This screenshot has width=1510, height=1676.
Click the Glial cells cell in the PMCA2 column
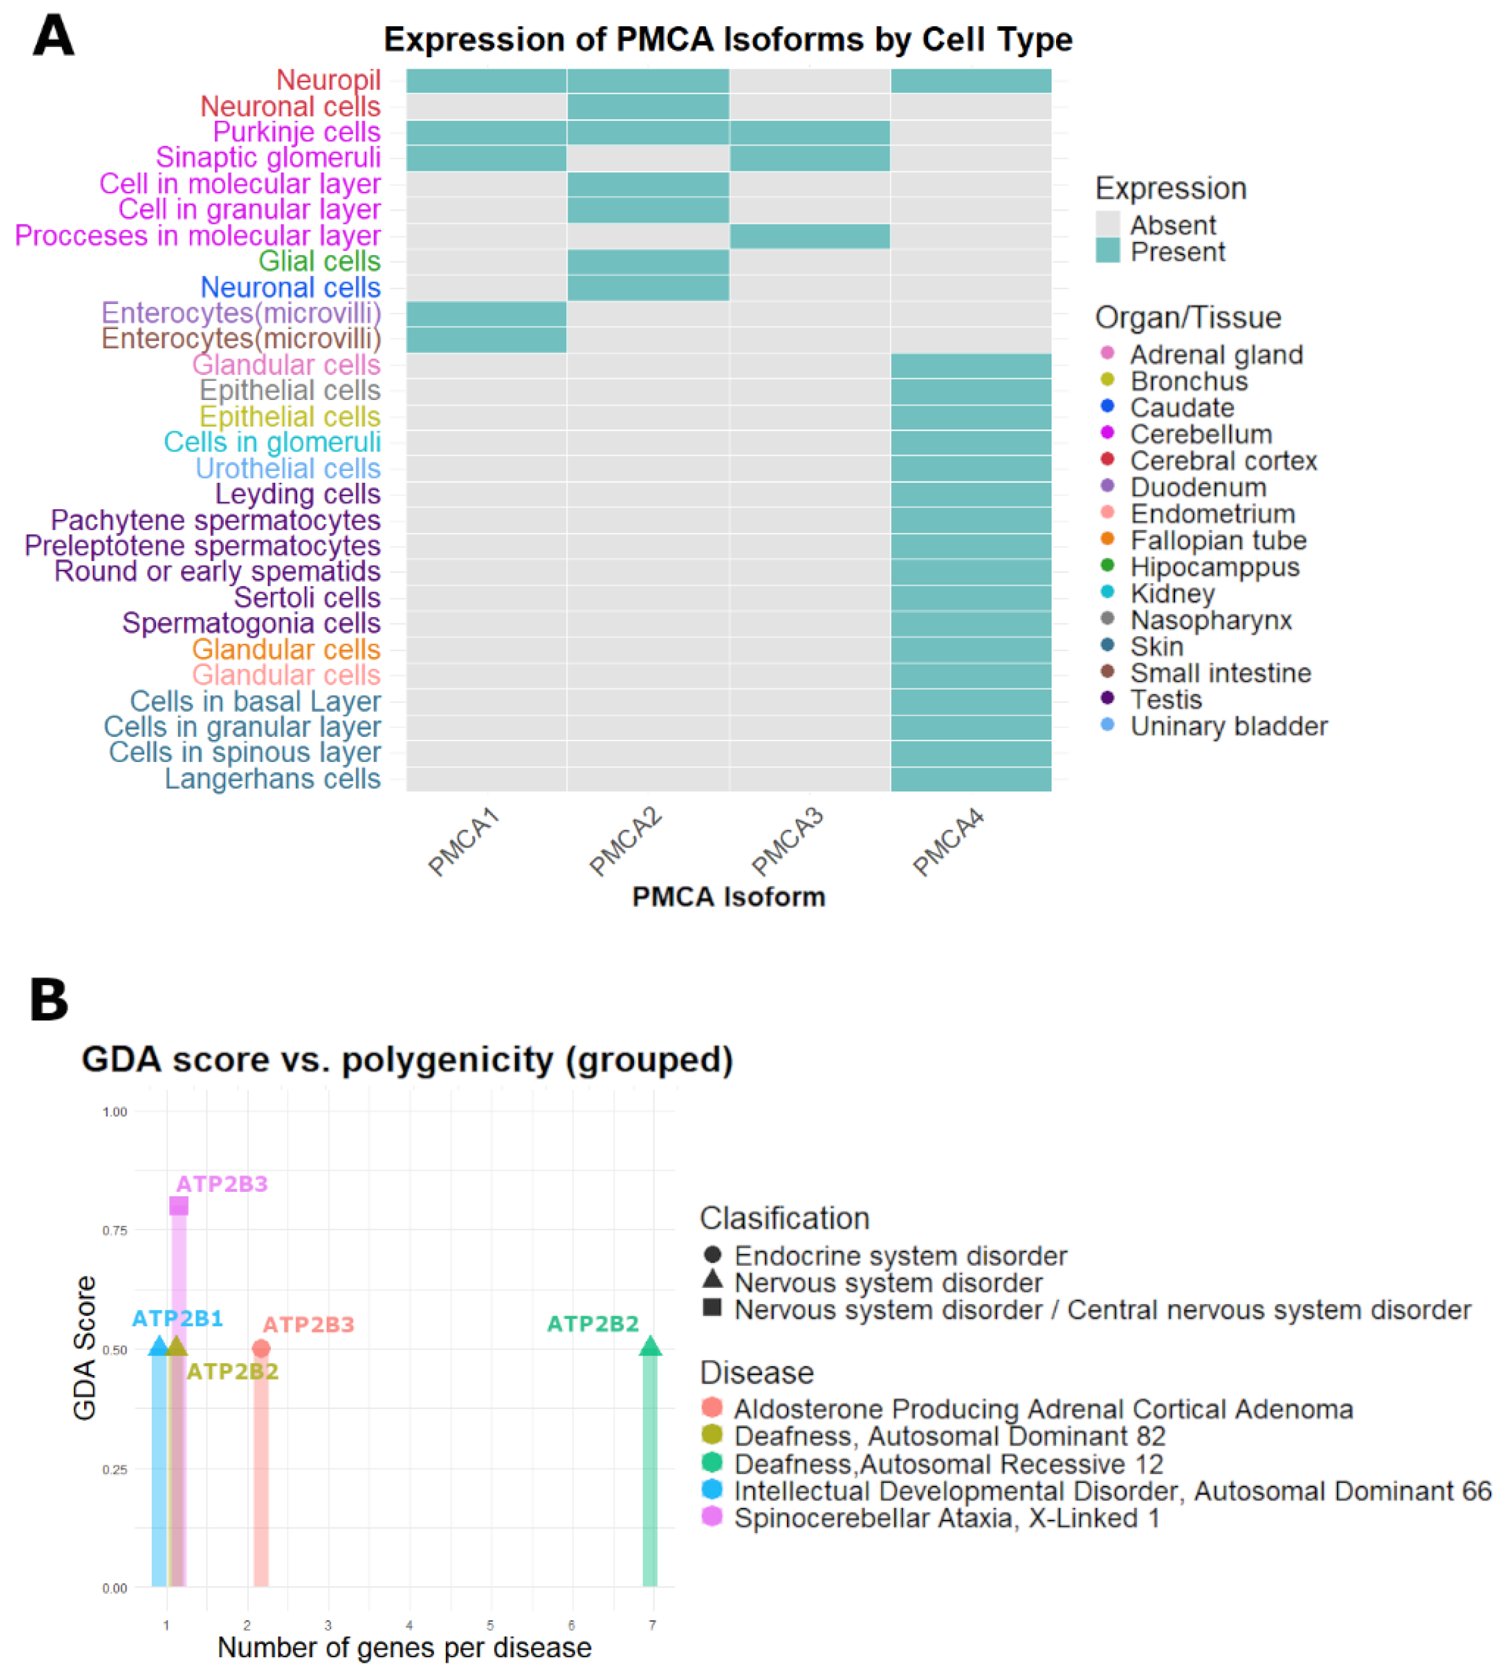[648, 261]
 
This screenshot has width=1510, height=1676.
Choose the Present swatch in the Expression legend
[1107, 251]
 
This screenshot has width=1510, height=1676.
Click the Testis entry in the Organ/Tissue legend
[1165, 700]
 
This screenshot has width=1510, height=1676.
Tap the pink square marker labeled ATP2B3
[178, 1206]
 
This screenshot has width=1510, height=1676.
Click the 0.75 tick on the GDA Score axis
[115, 1230]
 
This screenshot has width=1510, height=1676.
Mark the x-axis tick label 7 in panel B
[652, 1625]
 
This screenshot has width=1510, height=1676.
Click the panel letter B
[49, 1000]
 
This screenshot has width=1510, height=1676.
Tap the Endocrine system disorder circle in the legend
[712, 1255]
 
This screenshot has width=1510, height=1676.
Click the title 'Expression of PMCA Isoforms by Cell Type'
[727, 39]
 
